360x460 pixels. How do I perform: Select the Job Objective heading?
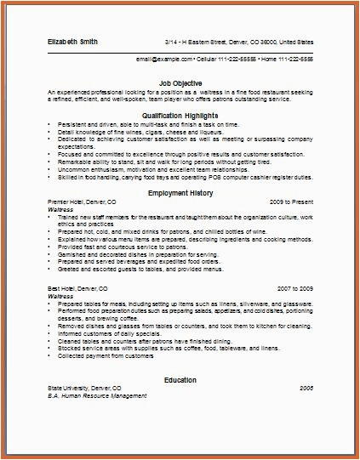(180, 83)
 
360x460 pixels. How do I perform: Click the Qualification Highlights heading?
(180, 113)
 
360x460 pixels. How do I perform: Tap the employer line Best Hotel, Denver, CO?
(74, 289)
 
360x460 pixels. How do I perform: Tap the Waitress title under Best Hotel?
(62, 296)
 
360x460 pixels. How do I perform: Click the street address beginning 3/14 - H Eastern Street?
(239, 41)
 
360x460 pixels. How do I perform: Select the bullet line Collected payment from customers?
(101, 355)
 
